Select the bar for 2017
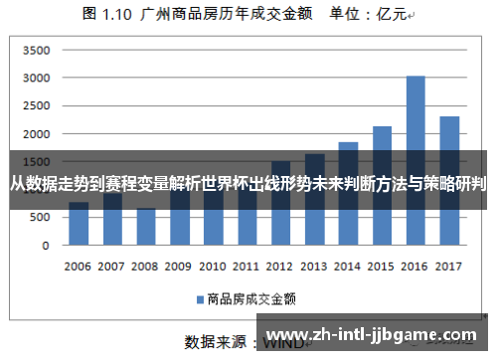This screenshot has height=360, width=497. click(449, 179)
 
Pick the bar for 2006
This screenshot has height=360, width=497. click(79, 224)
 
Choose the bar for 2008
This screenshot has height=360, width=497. click(146, 227)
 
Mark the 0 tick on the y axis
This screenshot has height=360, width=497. click(46, 245)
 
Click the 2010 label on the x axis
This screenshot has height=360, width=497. click(213, 267)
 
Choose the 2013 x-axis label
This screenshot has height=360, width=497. click(314, 267)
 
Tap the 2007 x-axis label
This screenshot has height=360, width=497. click(111, 267)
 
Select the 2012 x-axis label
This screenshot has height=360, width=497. click(280, 267)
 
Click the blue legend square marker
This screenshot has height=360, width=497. click(199, 297)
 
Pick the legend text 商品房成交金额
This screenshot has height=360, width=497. click(248, 297)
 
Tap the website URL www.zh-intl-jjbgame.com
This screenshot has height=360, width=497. click(374, 335)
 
